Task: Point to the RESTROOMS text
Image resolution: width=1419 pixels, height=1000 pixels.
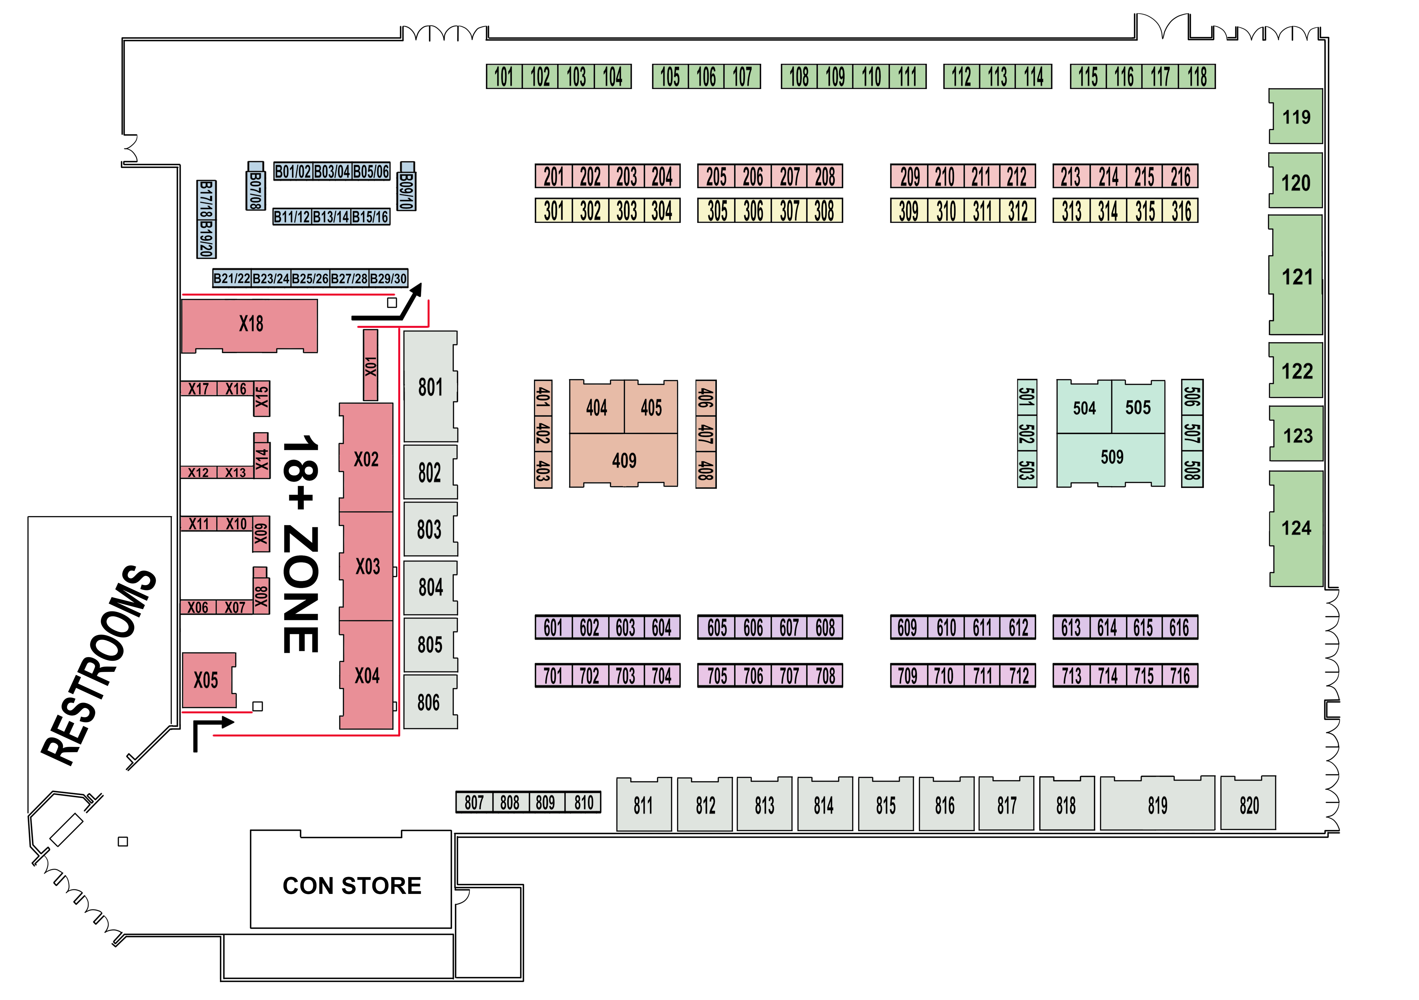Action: pos(99,664)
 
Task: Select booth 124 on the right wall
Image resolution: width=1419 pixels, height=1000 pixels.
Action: pos(1296,528)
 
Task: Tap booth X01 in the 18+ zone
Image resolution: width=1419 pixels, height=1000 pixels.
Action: pos(370,366)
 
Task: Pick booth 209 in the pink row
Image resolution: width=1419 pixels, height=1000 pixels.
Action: pos(909,177)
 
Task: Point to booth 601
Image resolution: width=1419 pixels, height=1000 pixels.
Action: pos(553,628)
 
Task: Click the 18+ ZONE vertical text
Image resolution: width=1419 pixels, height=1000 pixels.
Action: pos(301,544)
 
